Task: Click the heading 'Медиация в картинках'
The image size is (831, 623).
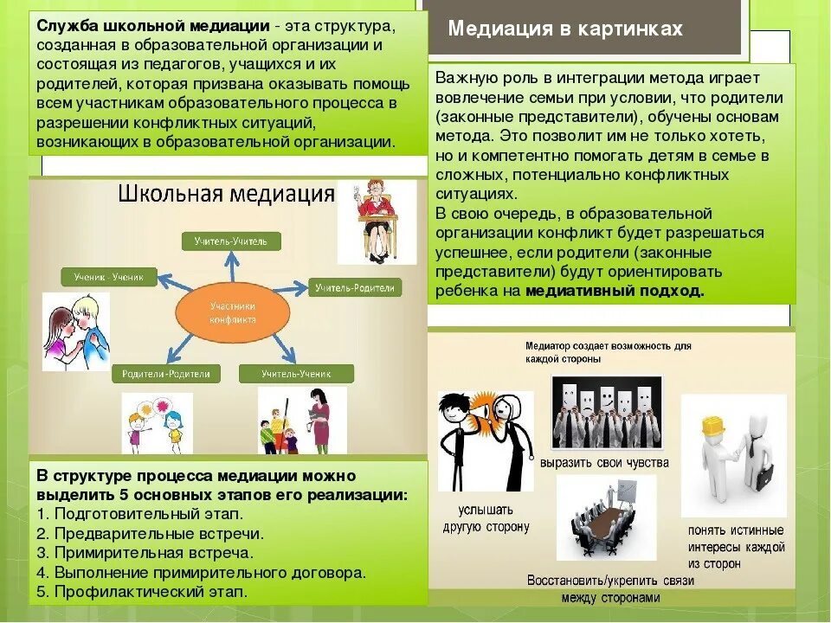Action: (x=565, y=29)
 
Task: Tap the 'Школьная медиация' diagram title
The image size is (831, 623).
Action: (x=226, y=193)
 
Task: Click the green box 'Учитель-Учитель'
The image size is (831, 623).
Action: (x=231, y=241)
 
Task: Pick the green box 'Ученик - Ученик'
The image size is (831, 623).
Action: (x=109, y=278)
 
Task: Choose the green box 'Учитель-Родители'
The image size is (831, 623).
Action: (x=355, y=287)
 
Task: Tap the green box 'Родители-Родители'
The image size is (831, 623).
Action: (x=165, y=374)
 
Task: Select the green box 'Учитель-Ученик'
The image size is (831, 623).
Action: (x=307, y=374)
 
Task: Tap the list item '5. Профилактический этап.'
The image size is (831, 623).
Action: (x=142, y=593)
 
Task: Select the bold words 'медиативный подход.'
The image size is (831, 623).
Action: (x=615, y=291)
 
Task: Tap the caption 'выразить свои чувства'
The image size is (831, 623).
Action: (x=604, y=463)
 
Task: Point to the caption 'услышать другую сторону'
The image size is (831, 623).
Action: (x=486, y=518)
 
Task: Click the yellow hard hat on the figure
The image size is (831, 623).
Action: (x=711, y=426)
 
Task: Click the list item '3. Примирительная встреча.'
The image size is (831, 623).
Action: (x=145, y=553)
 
